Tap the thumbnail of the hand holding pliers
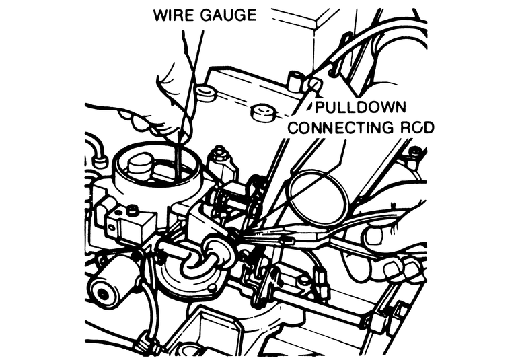[x=374, y=236]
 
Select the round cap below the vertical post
[x=260, y=111]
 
